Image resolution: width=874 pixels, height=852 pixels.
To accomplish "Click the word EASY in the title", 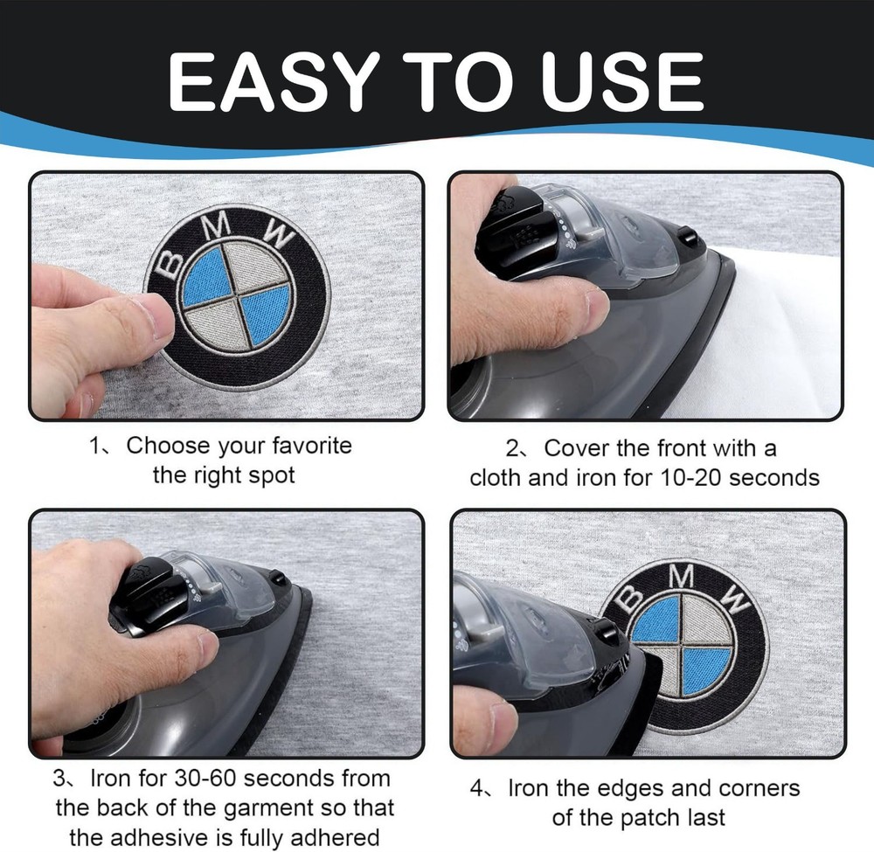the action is coord(271,81).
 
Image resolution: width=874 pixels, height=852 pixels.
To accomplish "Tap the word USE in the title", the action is coord(624,81).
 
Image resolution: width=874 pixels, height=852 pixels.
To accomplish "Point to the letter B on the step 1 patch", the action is coord(170,264).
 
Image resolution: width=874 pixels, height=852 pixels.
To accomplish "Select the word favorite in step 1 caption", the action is coord(312,446).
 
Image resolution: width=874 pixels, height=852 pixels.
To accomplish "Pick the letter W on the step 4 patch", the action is coord(737,600).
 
